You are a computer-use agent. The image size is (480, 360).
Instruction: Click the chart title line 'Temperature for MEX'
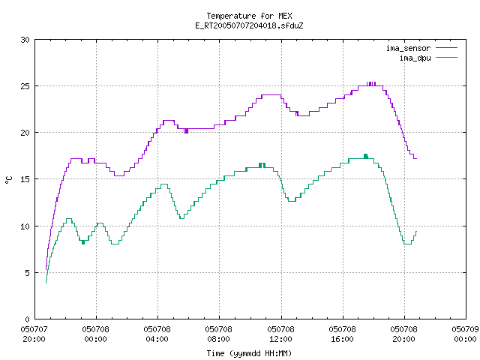249,16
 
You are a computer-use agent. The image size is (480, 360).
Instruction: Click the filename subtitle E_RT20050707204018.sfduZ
249,25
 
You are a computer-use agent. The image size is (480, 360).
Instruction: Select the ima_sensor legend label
408,48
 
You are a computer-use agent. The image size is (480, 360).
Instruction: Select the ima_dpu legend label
415,58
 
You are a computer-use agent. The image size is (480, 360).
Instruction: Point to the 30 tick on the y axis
25,40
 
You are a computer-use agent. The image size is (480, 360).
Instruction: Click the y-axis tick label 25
25,86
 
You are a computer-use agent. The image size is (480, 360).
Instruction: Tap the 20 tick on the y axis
25,133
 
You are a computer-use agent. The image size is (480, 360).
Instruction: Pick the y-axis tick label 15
25,179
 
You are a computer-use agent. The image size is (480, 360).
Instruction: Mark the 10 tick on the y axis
25,226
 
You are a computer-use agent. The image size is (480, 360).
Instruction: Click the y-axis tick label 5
28,273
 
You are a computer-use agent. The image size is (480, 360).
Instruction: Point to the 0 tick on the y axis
28,319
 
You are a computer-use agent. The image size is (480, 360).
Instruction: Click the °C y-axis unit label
8,180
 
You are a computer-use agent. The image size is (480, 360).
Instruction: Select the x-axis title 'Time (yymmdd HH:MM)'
249,353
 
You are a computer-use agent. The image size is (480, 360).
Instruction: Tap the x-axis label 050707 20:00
34,334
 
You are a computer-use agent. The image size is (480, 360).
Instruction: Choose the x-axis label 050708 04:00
157,334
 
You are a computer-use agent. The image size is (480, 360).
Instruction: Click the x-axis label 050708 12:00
280,334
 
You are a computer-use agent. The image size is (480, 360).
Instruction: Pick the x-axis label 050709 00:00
465,334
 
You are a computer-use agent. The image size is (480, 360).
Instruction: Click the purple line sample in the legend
447,48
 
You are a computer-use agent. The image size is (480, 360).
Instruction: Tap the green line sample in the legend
447,57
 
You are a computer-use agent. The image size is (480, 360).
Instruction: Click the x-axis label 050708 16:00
342,334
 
